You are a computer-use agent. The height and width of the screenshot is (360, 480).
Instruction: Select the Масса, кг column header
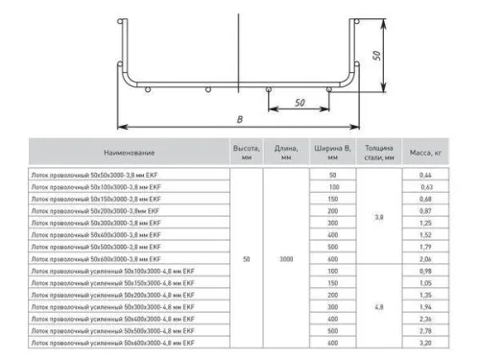pyautogui.click(x=424, y=153)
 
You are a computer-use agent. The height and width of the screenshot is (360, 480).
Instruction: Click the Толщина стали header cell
pyautogui.click(x=379, y=153)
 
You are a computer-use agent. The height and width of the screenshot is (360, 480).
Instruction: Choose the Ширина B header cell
pyautogui.click(x=333, y=153)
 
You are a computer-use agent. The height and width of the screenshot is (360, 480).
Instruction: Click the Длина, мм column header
pyautogui.click(x=286, y=153)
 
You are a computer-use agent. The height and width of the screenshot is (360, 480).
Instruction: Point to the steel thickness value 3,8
pyautogui.click(x=379, y=217)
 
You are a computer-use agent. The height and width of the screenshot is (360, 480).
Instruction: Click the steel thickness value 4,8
pyautogui.click(x=379, y=306)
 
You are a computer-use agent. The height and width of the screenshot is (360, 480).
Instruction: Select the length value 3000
pyautogui.click(x=286, y=258)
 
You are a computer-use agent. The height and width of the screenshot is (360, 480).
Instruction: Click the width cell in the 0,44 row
pyautogui.click(x=333, y=175)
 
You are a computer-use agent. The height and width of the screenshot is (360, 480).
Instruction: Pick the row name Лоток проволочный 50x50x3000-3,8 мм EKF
pyautogui.click(x=91, y=175)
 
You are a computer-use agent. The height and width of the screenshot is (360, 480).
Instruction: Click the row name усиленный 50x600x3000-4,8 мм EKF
pyautogui.click(x=112, y=342)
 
